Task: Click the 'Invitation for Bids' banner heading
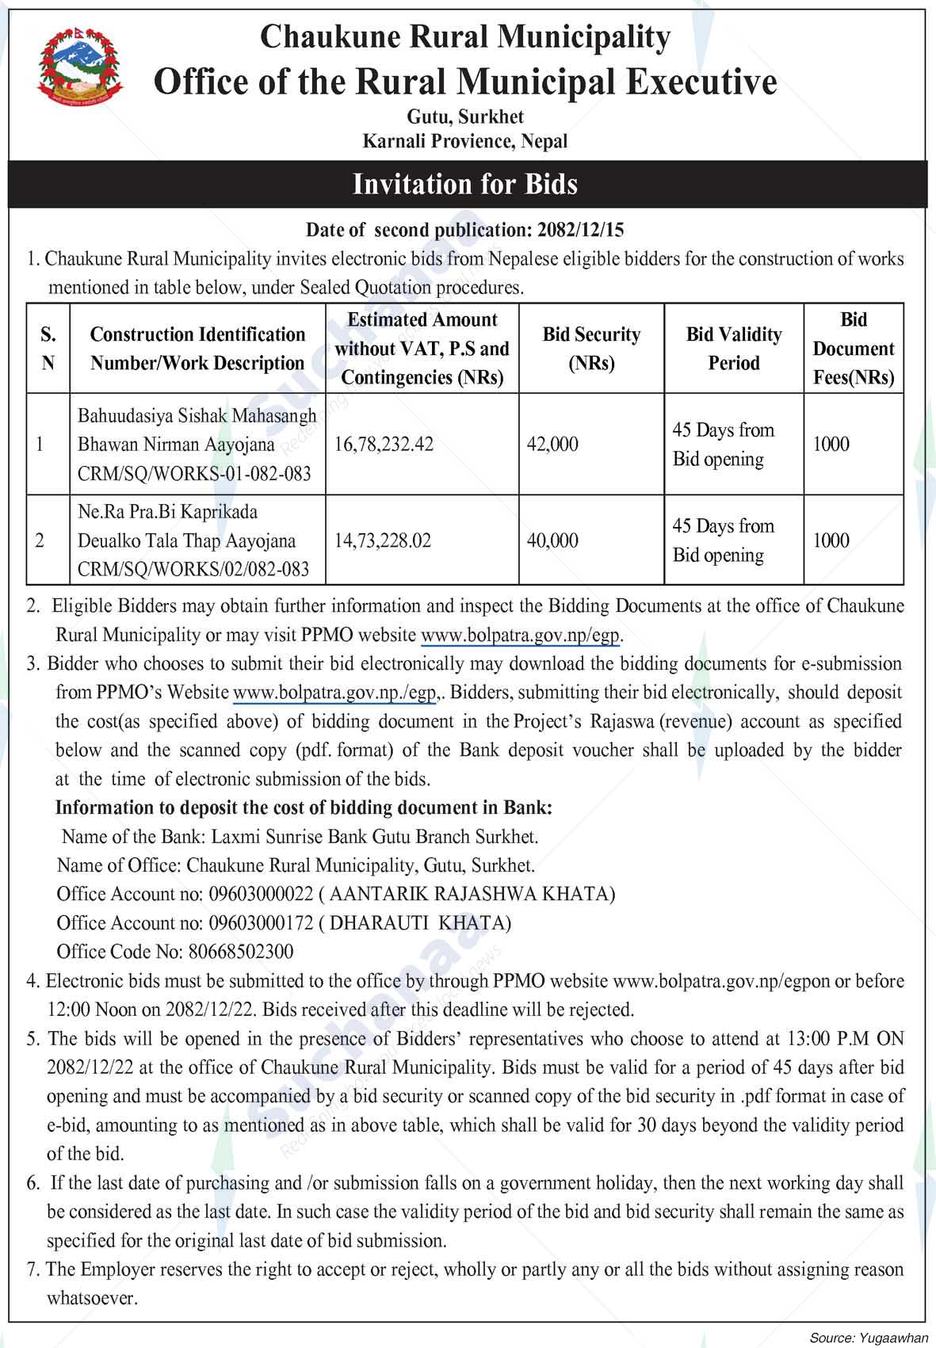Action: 465,184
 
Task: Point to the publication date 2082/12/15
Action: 580,230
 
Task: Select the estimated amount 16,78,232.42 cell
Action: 384,445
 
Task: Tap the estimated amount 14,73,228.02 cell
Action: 383,541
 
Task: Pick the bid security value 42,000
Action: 552,445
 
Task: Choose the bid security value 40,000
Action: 552,541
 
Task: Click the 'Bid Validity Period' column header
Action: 733,349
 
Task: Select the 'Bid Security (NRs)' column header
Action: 591,349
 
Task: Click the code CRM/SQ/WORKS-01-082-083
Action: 194,474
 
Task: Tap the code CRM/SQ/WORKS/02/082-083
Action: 193,570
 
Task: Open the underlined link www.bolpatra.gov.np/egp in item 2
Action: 521,635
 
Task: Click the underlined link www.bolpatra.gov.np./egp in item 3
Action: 335,693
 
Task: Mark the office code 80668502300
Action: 239,952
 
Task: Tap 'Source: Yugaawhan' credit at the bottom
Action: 868,1338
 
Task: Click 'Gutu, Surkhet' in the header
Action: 465,117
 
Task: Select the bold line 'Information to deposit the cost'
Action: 304,808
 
